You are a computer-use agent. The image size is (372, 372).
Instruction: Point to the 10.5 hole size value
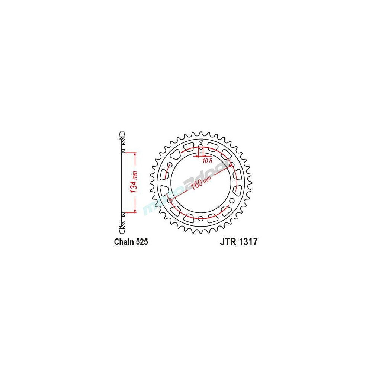point(207,161)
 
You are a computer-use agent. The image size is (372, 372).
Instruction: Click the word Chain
point(124,242)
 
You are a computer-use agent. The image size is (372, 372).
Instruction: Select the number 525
point(142,242)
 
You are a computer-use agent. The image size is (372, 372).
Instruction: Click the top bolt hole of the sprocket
point(201,148)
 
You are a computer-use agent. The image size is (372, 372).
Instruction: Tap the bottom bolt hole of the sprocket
point(201,218)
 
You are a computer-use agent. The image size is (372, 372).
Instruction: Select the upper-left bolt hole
point(170,165)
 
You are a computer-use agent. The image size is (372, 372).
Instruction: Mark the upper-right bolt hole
point(231,165)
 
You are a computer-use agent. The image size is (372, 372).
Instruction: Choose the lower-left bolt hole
point(170,201)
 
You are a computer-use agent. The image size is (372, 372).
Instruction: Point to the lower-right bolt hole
point(231,201)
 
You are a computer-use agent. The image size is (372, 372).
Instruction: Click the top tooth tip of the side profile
point(122,133)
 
